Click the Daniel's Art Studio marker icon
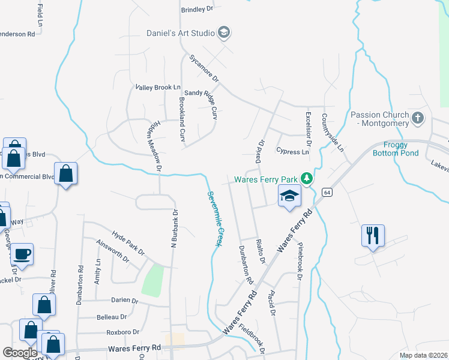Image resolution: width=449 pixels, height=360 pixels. [224, 32]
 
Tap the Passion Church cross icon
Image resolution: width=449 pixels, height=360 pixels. [418, 119]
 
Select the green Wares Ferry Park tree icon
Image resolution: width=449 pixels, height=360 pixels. [307, 179]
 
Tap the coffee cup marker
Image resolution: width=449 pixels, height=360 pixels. [22, 254]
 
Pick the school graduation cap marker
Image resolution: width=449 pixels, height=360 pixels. [289, 196]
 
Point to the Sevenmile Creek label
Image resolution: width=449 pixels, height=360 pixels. [215, 218]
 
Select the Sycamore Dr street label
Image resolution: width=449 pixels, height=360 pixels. [204, 69]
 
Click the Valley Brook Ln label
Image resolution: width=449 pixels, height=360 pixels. [158, 87]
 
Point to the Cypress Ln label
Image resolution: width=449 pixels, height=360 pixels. [292, 152]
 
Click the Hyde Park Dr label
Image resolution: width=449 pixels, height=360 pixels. [128, 242]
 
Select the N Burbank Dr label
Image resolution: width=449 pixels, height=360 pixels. [174, 229]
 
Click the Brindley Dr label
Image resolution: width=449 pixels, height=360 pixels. [197, 10]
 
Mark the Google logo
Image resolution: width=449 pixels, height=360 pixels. [20, 353]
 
